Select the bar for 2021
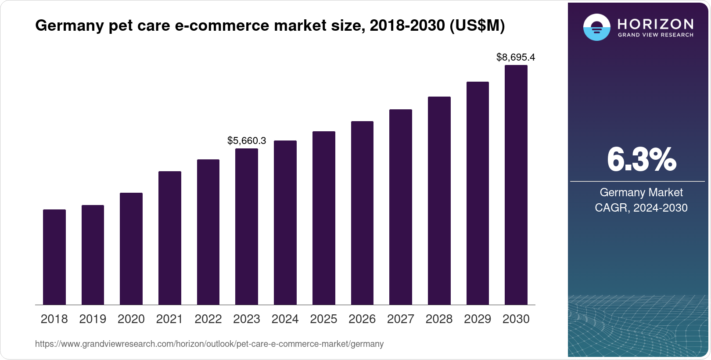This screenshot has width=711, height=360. pos(170,238)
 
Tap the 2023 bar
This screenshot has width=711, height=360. pos(247,227)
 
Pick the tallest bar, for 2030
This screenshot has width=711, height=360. pos(516,185)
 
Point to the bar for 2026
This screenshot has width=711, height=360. pos(362,213)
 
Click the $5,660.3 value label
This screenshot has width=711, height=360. pos(247,140)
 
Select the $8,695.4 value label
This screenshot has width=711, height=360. pos(516,57)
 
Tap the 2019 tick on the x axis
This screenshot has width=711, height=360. pos(93,319)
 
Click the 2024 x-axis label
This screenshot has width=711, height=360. pos(285,319)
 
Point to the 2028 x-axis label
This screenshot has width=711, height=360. pos(439,319)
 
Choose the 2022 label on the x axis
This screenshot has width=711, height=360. pos(208,319)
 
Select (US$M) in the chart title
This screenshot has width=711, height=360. pos(477,26)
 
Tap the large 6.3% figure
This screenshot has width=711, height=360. pos(641,160)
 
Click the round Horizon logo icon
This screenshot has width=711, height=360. pos(597,27)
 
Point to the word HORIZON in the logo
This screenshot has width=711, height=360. pos(656,24)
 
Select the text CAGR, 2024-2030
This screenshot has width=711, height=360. pos(641,208)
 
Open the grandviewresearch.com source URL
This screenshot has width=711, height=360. pos(209,344)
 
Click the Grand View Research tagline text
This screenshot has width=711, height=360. pos(656,35)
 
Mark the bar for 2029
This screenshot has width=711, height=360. pos(478,193)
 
